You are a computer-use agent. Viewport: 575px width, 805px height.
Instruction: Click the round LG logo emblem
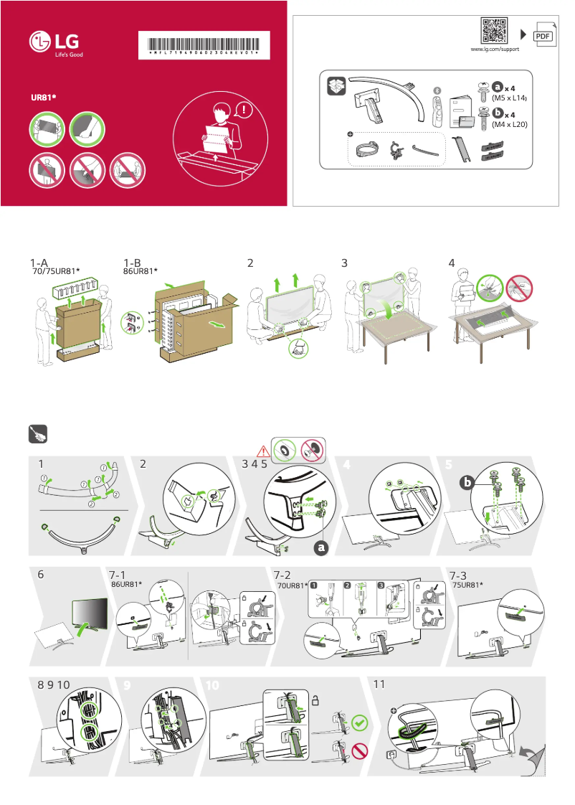pos(40,43)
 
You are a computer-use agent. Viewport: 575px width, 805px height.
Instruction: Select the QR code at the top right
pos(495,31)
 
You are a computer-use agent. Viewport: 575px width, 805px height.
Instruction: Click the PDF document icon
pos(544,35)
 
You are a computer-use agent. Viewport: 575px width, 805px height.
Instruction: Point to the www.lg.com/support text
pos(494,50)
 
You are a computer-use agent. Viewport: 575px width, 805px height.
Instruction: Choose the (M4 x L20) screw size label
pos(510,124)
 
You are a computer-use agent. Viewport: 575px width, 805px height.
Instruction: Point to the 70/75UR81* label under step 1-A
pos(56,272)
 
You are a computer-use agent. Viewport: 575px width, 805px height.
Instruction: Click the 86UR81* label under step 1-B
pos(140,272)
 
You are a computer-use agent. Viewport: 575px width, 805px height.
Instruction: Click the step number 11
pos(381,684)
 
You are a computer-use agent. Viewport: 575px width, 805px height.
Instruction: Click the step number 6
pos(42,575)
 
